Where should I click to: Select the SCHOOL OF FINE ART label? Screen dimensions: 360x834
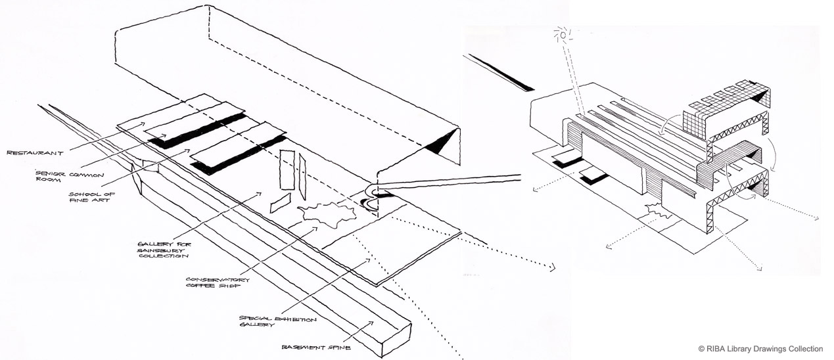[x=88, y=198]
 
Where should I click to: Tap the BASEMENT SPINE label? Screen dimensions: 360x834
[x=309, y=347]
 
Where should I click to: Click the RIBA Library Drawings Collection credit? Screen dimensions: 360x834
[x=760, y=349]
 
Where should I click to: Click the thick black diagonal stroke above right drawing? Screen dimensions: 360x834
[x=501, y=72]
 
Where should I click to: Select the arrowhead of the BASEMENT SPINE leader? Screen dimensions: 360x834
[x=373, y=322]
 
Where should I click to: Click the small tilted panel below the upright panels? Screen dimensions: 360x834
[x=280, y=203]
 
